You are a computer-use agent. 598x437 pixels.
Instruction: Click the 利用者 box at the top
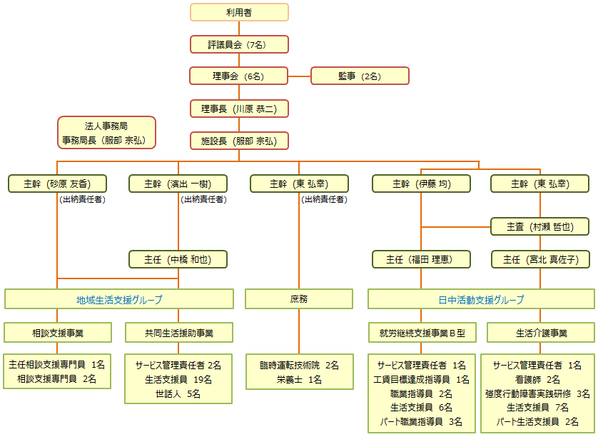(239, 12)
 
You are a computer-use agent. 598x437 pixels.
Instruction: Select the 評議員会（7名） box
(239, 44)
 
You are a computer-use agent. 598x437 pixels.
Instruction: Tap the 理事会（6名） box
(239, 76)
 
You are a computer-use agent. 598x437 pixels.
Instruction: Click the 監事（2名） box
(360, 76)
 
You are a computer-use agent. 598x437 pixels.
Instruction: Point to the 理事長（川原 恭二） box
(239, 109)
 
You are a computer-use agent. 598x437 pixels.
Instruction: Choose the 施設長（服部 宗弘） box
(239, 141)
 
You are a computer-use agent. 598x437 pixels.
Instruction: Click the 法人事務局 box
(107, 132)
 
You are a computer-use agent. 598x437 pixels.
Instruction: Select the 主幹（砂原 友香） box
(57, 184)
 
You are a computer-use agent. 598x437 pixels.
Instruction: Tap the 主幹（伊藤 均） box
(422, 184)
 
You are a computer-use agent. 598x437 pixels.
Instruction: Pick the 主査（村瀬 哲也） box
(540, 226)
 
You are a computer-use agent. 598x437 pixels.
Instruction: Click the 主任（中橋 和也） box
(178, 259)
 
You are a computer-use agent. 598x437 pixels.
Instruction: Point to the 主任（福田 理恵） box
(422, 259)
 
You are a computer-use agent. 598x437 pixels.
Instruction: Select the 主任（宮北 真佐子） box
(540, 259)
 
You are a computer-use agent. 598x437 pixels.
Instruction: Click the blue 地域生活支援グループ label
(119, 300)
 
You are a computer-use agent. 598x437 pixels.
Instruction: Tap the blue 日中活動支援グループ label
(481, 300)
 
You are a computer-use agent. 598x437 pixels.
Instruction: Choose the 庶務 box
(299, 299)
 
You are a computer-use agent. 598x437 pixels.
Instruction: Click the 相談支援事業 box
(58, 333)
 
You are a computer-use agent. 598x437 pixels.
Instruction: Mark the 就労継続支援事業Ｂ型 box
(422, 333)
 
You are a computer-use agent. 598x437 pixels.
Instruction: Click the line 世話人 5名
(178, 393)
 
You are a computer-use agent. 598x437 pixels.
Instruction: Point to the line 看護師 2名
(537, 379)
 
